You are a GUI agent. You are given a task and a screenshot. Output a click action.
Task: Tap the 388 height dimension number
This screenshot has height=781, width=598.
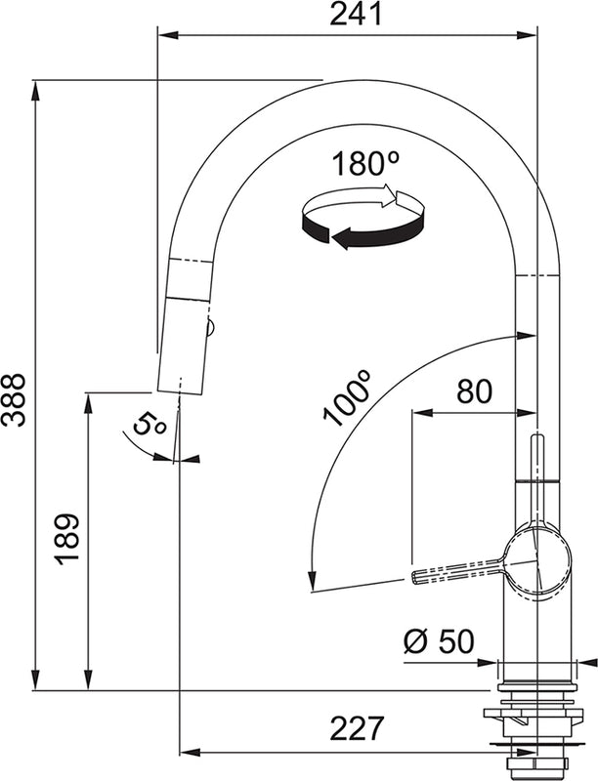tap(15, 399)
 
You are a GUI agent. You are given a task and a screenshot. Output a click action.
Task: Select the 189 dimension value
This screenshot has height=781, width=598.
tap(67, 538)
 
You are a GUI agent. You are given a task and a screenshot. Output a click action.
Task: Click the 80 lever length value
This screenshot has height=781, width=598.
tap(474, 391)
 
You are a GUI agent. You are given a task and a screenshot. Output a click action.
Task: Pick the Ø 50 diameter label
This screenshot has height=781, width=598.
tap(439, 641)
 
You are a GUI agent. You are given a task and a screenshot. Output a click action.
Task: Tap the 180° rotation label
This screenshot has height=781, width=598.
tap(360, 164)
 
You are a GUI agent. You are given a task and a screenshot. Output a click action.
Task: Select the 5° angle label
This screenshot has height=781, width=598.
tap(149, 425)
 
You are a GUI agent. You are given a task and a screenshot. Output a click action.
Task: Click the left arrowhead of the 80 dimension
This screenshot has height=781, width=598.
tap(418, 413)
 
